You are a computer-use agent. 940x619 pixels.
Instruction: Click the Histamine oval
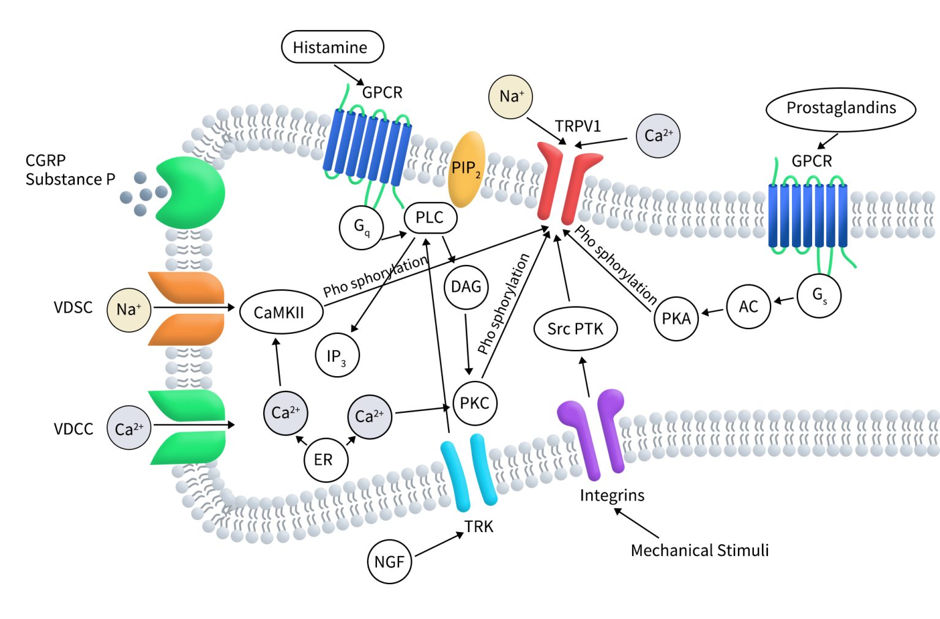[332, 47]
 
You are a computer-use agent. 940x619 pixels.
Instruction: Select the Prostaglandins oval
[840, 108]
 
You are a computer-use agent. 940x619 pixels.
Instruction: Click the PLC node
[430, 218]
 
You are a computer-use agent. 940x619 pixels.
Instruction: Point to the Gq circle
[361, 228]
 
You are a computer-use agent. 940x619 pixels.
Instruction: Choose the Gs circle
[819, 296]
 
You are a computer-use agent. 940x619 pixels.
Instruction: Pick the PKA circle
[676, 319]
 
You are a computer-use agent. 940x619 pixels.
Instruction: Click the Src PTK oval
[575, 329]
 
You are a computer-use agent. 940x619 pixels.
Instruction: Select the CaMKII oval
[279, 313]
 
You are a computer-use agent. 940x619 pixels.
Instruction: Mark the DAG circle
[466, 287]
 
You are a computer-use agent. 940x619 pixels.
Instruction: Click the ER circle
[325, 459]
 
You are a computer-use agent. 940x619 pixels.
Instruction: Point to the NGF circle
[389, 562]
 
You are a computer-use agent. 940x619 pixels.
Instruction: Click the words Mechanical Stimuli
[699, 550]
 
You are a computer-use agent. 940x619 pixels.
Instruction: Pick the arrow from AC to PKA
[712, 311]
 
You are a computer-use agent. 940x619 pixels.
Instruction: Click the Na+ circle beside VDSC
[129, 309]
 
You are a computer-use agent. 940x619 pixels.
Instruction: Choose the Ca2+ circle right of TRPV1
[658, 136]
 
